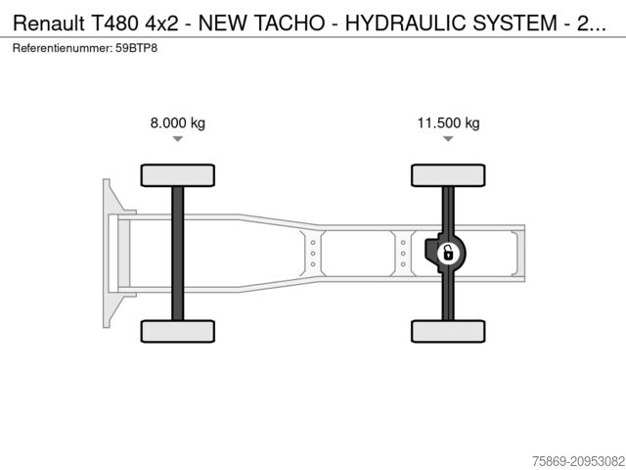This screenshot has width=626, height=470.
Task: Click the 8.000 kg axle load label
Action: pyautogui.click(x=177, y=123)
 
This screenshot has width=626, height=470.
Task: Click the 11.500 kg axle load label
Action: pyautogui.click(x=448, y=123)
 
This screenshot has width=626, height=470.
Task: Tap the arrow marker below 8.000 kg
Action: pyautogui.click(x=177, y=139)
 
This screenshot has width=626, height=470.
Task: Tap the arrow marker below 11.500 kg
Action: pyautogui.click(x=448, y=139)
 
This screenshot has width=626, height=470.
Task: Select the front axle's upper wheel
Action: pyautogui.click(x=177, y=175)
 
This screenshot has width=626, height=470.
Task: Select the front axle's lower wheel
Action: pyautogui.click(x=177, y=331)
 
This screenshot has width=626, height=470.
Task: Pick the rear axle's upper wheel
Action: pyautogui.click(x=448, y=175)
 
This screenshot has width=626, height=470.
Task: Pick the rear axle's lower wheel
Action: pyautogui.click(x=448, y=331)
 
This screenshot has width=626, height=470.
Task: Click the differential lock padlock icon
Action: pyautogui.click(x=448, y=254)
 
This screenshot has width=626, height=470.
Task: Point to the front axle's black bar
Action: pyautogui.click(x=177, y=253)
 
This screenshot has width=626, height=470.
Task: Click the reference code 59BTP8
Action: pyautogui.click(x=135, y=47)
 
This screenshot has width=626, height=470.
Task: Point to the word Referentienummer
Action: pyautogui.click(x=62, y=47)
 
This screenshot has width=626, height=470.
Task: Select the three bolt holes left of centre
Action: pyautogui.click(x=313, y=253)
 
